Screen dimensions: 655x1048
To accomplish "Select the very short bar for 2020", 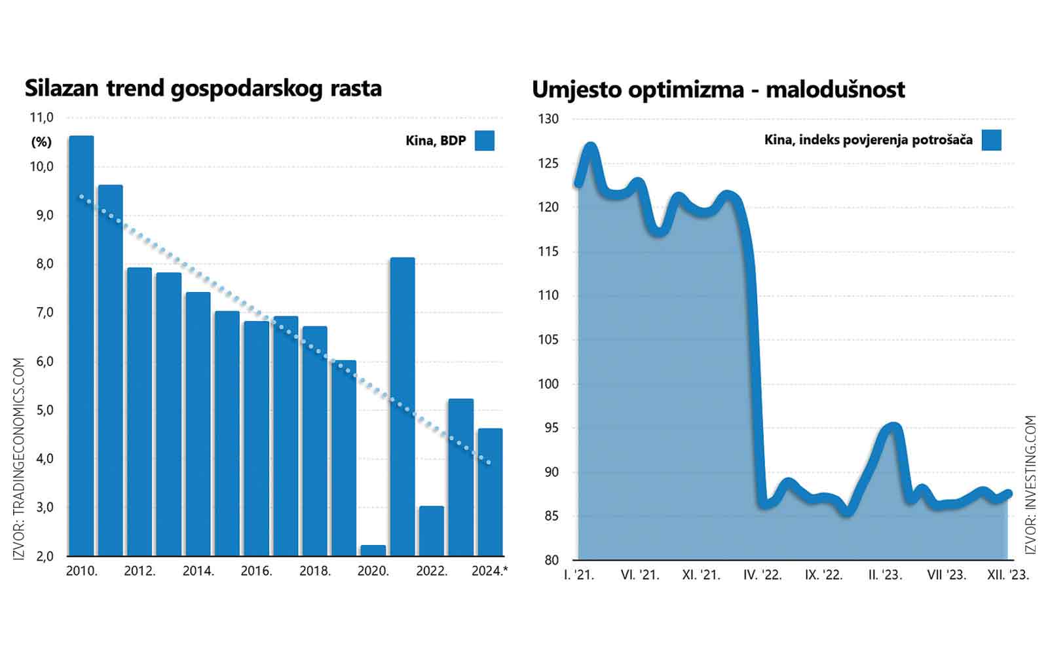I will (x=373, y=550).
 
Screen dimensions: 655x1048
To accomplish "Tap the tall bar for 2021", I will (x=402, y=406).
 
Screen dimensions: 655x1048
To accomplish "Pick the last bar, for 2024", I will (x=490, y=492).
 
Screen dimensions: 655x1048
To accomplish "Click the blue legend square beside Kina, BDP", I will (x=485, y=141).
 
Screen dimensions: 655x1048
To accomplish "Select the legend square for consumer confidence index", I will (x=992, y=140).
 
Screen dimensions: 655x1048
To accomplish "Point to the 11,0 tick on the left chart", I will (x=42, y=118).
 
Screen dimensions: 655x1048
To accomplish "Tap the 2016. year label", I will (x=256, y=571).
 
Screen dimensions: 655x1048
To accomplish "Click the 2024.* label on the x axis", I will (x=489, y=571).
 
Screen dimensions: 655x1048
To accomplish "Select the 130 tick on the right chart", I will (x=548, y=119).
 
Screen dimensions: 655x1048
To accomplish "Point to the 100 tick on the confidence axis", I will (x=548, y=384).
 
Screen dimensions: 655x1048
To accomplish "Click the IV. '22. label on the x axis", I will (x=762, y=575).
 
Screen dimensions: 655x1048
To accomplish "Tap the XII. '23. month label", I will (x=1008, y=575).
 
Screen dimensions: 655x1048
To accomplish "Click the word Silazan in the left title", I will (x=62, y=88).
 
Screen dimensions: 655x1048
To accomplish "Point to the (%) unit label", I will (x=41, y=142).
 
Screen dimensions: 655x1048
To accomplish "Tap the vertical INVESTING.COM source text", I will (x=1031, y=485).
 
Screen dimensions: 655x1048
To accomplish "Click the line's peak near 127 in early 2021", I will (x=590, y=147).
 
